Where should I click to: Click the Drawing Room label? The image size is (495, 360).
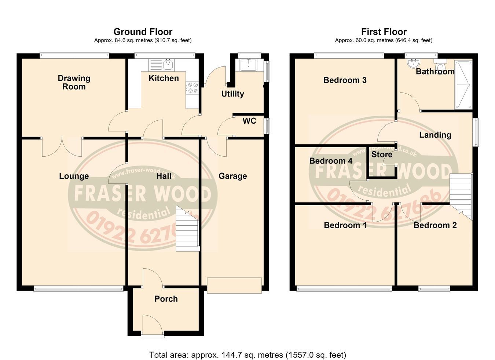(74, 82)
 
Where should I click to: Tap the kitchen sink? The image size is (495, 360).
(162, 65)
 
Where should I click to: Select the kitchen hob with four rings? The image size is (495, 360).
(192, 87)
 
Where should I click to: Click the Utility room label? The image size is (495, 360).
(233, 94)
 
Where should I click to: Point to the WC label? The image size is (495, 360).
(249, 121)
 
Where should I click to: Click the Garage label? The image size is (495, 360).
(233, 176)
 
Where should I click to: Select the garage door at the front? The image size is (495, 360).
(234, 286)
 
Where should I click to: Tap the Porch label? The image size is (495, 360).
(166, 299)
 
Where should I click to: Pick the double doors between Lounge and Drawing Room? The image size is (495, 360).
(62, 147)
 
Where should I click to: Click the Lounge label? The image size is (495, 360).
(74, 176)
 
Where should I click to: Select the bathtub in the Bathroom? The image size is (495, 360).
(463, 85)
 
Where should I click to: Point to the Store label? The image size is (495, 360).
(382, 154)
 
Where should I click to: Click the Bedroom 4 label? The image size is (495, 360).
(331, 161)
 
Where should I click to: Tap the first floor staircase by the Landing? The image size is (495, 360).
(461, 196)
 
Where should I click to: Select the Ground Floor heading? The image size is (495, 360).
(143, 32)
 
